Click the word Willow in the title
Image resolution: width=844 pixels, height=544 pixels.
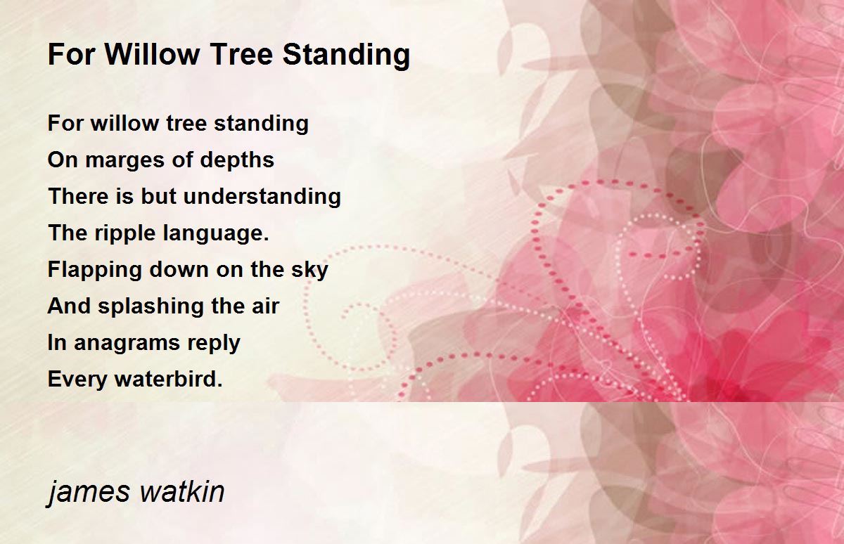(x=152, y=54)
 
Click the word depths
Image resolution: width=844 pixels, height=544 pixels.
(x=237, y=160)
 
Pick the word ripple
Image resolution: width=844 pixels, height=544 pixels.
(x=124, y=234)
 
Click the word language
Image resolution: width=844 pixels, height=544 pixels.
(x=217, y=234)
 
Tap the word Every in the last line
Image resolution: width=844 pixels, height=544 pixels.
(x=77, y=380)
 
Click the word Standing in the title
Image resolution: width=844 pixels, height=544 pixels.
(x=346, y=55)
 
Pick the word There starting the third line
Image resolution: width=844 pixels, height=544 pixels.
(x=79, y=197)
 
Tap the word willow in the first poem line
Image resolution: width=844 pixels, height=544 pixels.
(x=124, y=123)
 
